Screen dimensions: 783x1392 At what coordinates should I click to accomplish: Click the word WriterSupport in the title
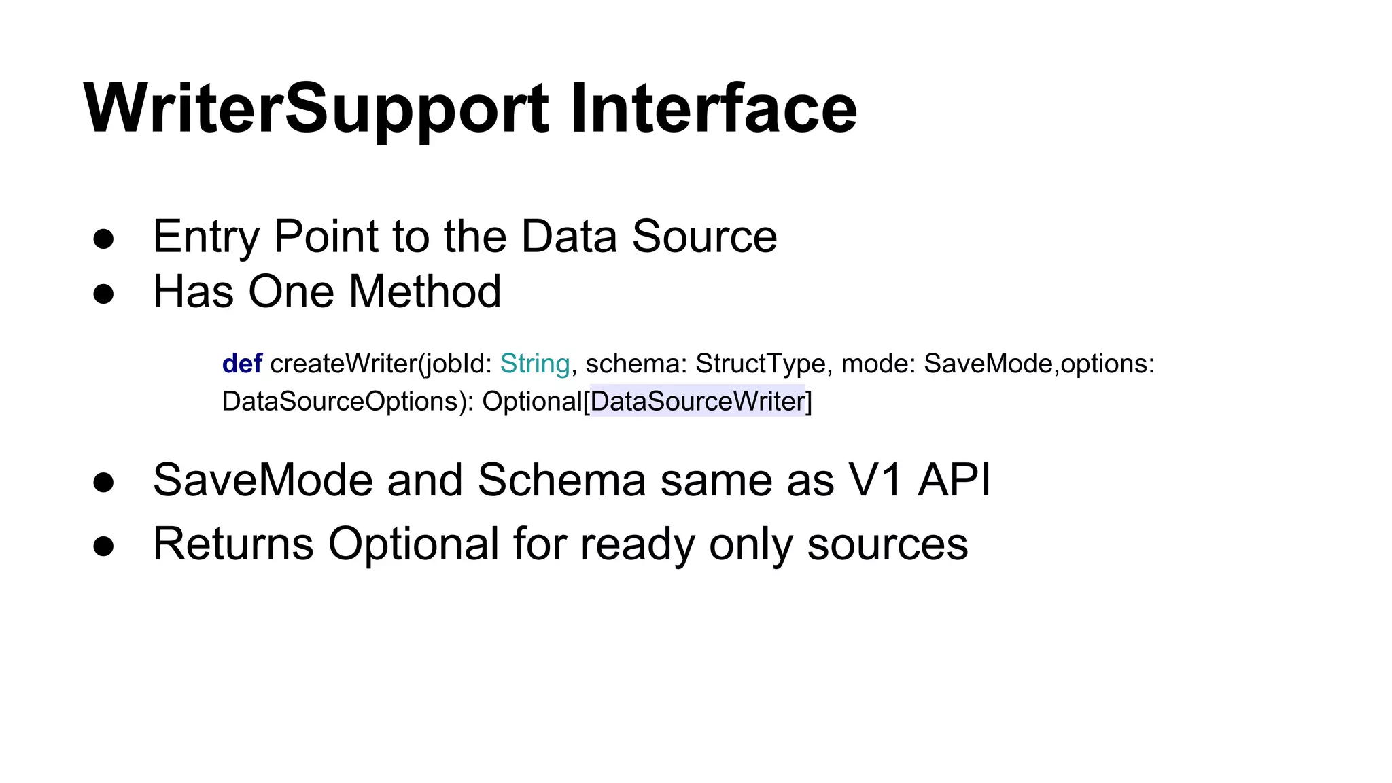click(315, 109)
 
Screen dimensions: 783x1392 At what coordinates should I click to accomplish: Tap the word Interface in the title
click(714, 109)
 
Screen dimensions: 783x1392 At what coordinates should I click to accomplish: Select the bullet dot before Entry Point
click(103, 239)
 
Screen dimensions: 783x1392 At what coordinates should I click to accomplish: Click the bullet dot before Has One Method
click(103, 294)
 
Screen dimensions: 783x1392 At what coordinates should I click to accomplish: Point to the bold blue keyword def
click(242, 364)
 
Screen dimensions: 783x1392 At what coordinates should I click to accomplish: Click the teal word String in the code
click(535, 364)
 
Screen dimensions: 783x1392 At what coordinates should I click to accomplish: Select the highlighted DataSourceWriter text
click(697, 401)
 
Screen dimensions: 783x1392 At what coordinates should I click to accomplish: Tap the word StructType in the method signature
click(761, 364)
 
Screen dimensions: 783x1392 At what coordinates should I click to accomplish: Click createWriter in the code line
click(345, 364)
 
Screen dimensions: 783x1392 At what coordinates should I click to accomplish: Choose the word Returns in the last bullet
click(233, 544)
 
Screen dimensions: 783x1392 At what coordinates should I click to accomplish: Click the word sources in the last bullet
click(887, 544)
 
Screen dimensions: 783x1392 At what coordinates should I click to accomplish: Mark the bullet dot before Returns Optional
click(103, 546)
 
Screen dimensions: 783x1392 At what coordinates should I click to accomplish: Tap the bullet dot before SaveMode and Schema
click(103, 483)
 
